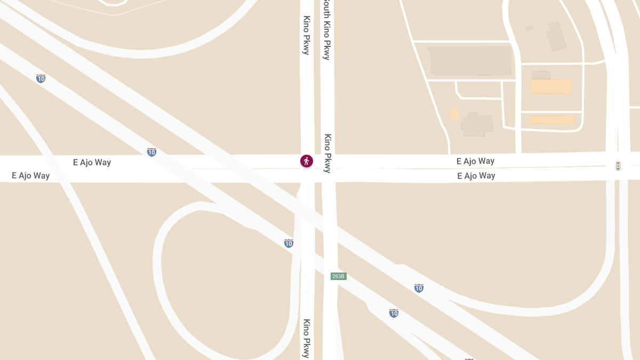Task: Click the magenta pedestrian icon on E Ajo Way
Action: coord(306,161)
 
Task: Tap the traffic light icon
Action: coord(618,166)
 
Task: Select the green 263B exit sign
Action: coord(339,276)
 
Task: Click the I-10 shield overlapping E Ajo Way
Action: coord(151,152)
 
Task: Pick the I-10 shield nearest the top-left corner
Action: coord(41,78)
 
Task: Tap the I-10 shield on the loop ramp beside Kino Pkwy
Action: coord(289,243)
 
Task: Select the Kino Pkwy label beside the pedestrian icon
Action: coord(327,153)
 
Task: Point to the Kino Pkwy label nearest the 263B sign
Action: coord(307,338)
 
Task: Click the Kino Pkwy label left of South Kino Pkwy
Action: coord(306,35)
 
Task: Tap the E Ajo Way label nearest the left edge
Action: coord(31,175)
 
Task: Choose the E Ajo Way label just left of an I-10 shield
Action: coord(92,162)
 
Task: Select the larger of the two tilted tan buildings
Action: coord(557,36)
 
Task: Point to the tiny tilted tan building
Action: coord(529,28)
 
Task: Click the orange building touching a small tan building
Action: coord(551,87)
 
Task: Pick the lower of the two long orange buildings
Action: coord(552,119)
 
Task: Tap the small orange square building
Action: coord(454,114)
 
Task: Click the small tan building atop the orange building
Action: coord(540,75)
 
